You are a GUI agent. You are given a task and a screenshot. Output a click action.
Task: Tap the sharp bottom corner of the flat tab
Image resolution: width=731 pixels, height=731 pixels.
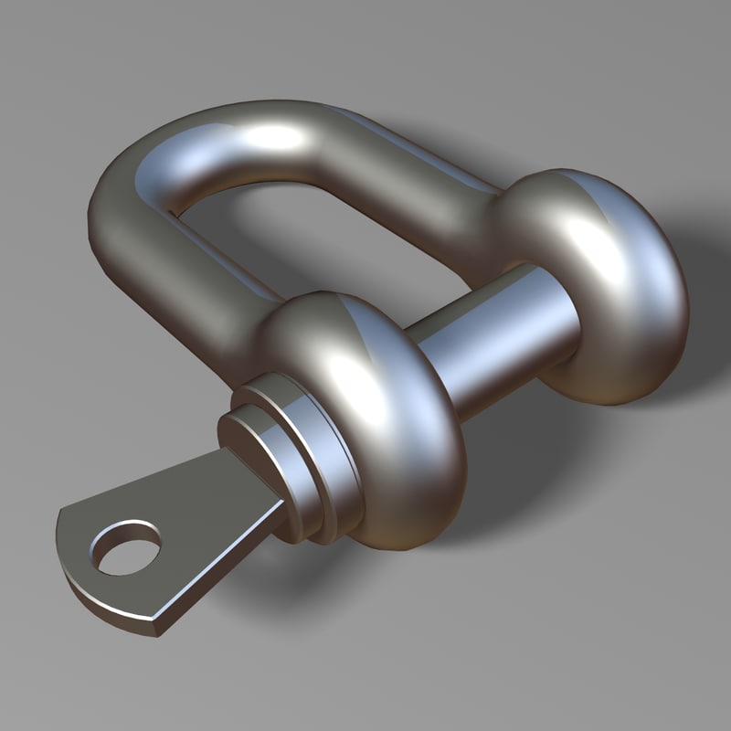tap(155, 630)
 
